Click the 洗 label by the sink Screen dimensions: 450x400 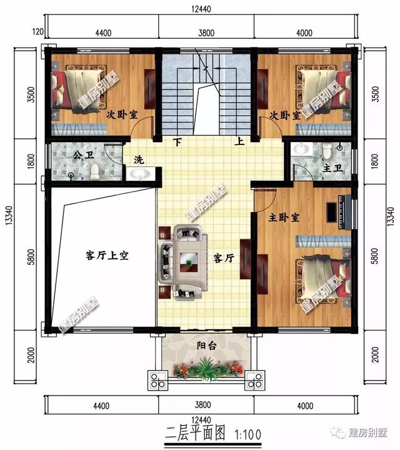point(139,160)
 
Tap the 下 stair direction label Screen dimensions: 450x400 point(178,142)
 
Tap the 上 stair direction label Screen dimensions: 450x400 point(239,142)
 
